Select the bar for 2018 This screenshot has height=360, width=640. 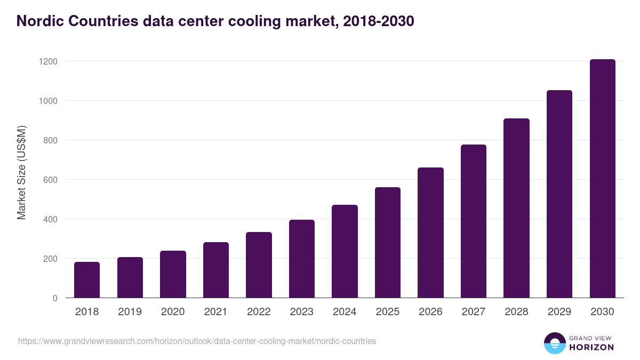coord(87,280)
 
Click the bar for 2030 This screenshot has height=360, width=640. coord(602,179)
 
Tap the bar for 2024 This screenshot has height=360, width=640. coord(345,251)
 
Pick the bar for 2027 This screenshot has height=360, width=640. coord(474,221)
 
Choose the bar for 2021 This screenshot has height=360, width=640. coord(216,270)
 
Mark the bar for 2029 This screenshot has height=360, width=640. coord(559,194)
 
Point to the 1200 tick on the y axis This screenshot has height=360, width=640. coord(48,61)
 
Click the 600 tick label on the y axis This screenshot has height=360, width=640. coord(50,180)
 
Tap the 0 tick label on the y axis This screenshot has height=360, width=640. coord(55,298)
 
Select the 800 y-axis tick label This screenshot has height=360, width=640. coord(50,140)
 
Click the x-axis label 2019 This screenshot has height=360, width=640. coord(130,312)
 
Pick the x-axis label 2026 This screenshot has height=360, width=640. coord(430,312)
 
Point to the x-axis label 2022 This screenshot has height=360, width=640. coord(259,312)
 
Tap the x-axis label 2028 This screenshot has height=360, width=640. coord(516,312)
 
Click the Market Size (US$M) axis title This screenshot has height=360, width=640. coord(21,172)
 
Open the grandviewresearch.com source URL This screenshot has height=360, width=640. coord(197,341)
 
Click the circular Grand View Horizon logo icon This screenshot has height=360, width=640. coord(554,343)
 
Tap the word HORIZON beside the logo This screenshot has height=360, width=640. coord(592,347)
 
